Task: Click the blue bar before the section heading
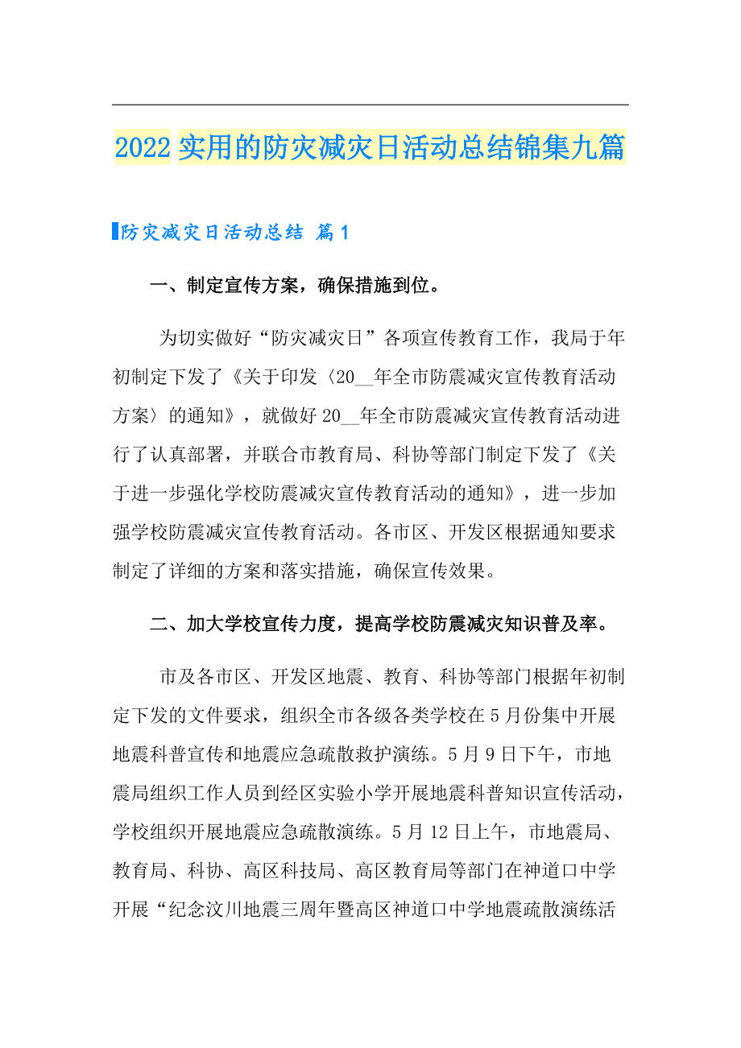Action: coord(115,232)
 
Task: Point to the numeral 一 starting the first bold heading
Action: coord(159,286)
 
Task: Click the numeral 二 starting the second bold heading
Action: coord(159,624)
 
